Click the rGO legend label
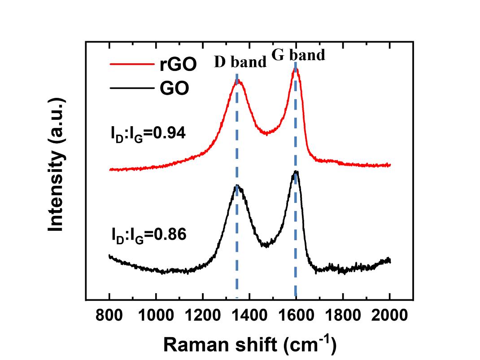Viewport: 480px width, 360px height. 178,65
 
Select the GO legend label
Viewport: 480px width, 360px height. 175,89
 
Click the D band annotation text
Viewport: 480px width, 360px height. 240,62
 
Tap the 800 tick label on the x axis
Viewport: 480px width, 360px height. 109,316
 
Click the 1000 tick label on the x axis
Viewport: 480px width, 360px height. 156,316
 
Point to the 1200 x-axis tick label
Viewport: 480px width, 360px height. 202,316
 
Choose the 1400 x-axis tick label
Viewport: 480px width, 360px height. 249,316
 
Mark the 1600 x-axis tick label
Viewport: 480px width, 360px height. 296,316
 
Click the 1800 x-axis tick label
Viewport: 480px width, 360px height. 342,316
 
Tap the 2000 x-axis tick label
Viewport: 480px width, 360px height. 389,316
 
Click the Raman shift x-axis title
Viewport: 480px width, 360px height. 249,344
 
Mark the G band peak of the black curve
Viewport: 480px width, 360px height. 296,171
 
